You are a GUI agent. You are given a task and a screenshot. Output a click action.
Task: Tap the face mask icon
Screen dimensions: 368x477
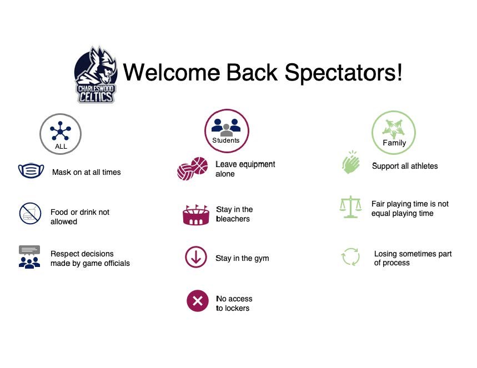(31, 171)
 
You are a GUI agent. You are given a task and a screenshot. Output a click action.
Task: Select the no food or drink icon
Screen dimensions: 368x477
(30, 214)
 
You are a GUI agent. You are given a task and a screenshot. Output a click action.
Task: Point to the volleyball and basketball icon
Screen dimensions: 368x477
(192, 169)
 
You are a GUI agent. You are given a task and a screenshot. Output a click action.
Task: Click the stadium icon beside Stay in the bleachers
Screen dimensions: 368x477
(195, 214)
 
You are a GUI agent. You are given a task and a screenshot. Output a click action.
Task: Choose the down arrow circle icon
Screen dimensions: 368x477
(195, 258)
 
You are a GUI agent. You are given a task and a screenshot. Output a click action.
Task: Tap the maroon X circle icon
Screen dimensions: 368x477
(197, 301)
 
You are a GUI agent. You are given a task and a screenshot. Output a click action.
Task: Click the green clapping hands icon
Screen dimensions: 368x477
(351, 163)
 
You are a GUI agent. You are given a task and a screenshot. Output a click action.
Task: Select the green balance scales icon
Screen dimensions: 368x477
(350, 207)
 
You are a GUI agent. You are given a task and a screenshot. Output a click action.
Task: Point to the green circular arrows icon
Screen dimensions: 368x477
(350, 257)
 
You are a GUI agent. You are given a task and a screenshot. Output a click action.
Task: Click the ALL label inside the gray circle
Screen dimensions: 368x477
(61, 147)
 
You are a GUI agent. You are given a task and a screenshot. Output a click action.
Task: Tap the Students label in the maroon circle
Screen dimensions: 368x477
(226, 140)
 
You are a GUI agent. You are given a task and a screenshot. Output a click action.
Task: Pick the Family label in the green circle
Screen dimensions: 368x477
(394, 143)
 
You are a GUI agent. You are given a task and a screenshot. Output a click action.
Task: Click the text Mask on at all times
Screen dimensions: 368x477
(86, 172)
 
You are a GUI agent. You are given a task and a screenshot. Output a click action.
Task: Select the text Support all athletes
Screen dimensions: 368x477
(405, 166)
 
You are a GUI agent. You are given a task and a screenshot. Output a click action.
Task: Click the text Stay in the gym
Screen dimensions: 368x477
(242, 258)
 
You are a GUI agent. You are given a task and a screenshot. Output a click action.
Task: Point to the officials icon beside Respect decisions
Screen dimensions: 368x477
(29, 257)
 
